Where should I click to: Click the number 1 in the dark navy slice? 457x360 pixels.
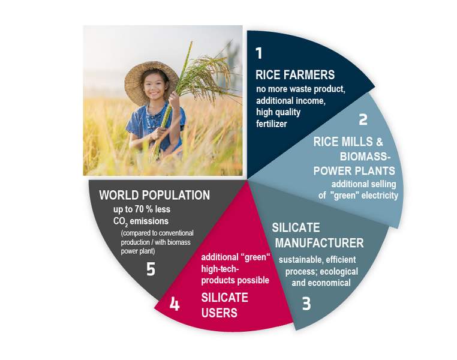pos(259,53)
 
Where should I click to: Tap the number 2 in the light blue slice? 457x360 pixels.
pos(363,119)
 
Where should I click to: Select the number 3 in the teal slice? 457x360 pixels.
pos(306,304)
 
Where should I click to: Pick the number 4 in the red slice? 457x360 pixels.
pos(175,305)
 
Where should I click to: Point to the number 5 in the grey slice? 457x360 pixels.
pos(151,269)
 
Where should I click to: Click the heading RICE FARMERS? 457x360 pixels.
pos(295,75)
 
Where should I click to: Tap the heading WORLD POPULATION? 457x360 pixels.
pos(155,196)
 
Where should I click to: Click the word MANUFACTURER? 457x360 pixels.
pos(320,243)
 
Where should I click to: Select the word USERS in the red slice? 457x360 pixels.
pos(219,313)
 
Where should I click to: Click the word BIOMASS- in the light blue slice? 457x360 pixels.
pos(365,157)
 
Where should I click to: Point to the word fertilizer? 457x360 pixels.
pos(272,124)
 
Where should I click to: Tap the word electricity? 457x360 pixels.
pos(380,196)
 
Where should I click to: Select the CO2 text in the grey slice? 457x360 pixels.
pos(121,222)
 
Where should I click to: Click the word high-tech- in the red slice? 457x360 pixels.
pos(220,269)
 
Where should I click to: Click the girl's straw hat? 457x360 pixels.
pos(151,82)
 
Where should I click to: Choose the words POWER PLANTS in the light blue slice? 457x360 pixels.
pos(354,171)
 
